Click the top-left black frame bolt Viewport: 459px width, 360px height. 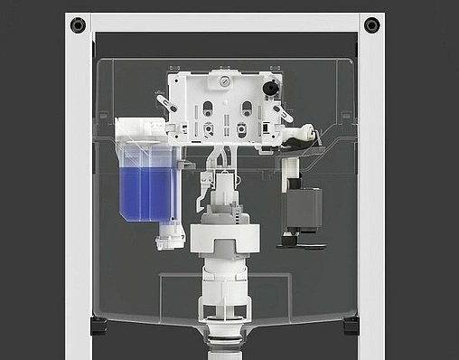click(x=79, y=24)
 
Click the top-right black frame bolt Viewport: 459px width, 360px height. click(x=371, y=24)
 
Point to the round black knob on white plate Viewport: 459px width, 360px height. click(x=268, y=89)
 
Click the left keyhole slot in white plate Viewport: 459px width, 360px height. click(x=208, y=109)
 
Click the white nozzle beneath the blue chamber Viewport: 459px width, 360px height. click(x=164, y=241)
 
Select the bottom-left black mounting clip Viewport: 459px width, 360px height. click(x=98, y=324)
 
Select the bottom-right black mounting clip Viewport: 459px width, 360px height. click(x=351, y=324)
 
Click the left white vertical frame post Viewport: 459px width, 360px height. click(x=78, y=181)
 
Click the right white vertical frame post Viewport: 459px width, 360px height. click(x=371, y=181)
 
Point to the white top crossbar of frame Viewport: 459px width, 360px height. click(x=226, y=23)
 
